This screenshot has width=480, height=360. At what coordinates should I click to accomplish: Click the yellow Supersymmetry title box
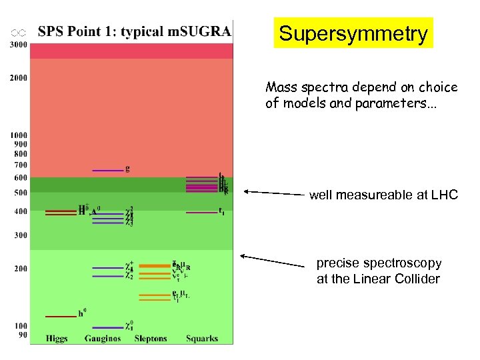353,33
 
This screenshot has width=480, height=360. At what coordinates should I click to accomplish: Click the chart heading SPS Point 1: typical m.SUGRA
135,31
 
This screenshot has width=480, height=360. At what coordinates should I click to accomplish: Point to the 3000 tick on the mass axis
19,45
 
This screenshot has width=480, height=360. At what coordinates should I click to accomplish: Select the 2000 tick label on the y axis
19,77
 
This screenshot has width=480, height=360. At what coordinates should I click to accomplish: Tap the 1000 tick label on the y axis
19,135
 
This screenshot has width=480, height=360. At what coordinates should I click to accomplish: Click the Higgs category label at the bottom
57,339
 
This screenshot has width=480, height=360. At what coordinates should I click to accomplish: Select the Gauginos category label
103,339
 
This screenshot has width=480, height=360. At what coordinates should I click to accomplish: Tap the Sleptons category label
151,339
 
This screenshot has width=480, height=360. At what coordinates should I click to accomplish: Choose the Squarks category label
202,339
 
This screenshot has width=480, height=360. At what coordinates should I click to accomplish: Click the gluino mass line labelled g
107,171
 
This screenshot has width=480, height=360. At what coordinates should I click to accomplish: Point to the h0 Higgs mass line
60,316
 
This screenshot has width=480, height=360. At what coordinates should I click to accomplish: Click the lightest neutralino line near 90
107,327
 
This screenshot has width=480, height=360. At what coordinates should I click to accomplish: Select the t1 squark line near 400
201,212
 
